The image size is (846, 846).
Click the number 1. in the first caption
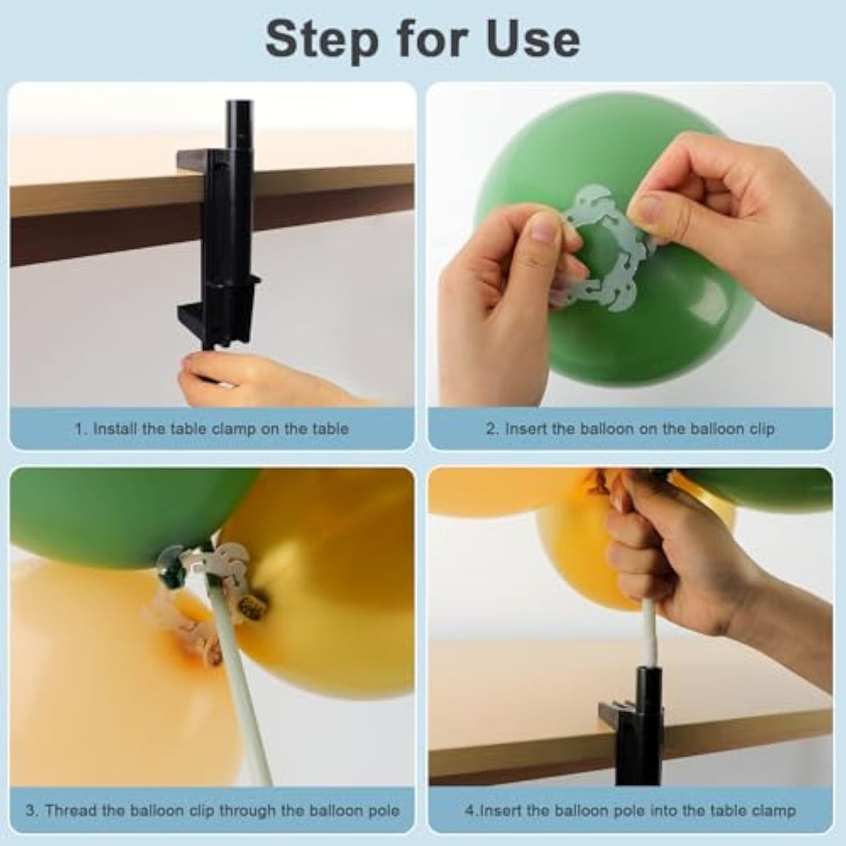[x=81, y=429]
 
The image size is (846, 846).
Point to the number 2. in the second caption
[x=492, y=429]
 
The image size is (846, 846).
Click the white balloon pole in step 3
[x=243, y=690]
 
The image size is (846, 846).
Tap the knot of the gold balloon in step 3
[x=254, y=603]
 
